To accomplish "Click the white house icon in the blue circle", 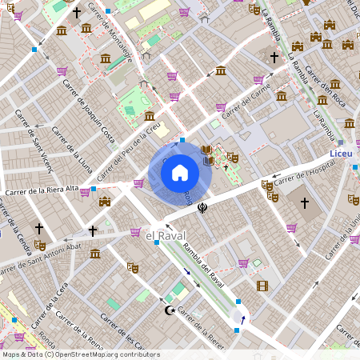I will [180, 172].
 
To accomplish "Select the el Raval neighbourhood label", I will [166, 234].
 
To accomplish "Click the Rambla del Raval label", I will [202, 265].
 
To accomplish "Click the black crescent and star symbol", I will [169, 310].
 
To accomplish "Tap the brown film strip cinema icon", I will [262, 286].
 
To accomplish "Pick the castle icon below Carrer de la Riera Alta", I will [103, 202].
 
